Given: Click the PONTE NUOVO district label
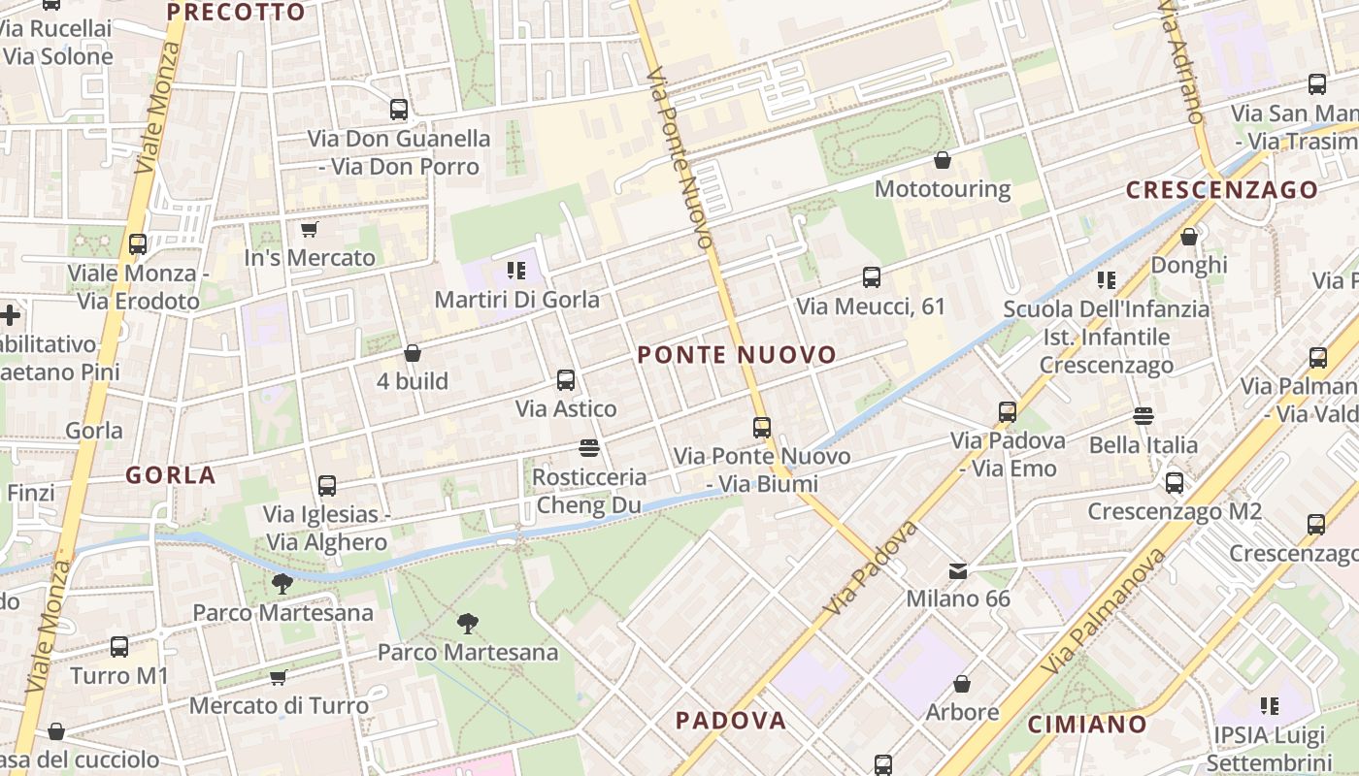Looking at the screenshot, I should (x=737, y=355).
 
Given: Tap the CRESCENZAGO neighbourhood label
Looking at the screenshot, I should (x=1222, y=190).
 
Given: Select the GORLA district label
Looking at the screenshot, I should (x=171, y=475).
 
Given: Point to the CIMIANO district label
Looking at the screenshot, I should (x=1087, y=724).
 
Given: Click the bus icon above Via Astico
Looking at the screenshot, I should (x=566, y=380).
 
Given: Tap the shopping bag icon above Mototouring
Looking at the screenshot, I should (x=942, y=160).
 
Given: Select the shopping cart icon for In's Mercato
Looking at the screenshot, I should (x=309, y=230).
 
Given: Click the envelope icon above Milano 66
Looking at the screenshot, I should (x=958, y=571).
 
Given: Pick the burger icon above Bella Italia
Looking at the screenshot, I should (x=1143, y=417).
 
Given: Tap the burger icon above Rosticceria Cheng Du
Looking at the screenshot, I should (x=588, y=448).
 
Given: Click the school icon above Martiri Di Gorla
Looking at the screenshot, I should (x=515, y=271).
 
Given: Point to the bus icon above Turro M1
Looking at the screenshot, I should (x=119, y=647).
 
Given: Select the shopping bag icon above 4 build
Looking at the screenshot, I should (x=413, y=353).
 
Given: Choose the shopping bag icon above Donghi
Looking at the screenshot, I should (x=1189, y=237).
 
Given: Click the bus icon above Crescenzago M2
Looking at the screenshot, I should (x=1175, y=482).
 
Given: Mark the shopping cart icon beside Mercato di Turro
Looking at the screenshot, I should (x=279, y=677).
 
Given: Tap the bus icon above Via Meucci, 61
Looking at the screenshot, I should (x=872, y=278).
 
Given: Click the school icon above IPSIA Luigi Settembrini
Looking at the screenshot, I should (x=1270, y=706).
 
